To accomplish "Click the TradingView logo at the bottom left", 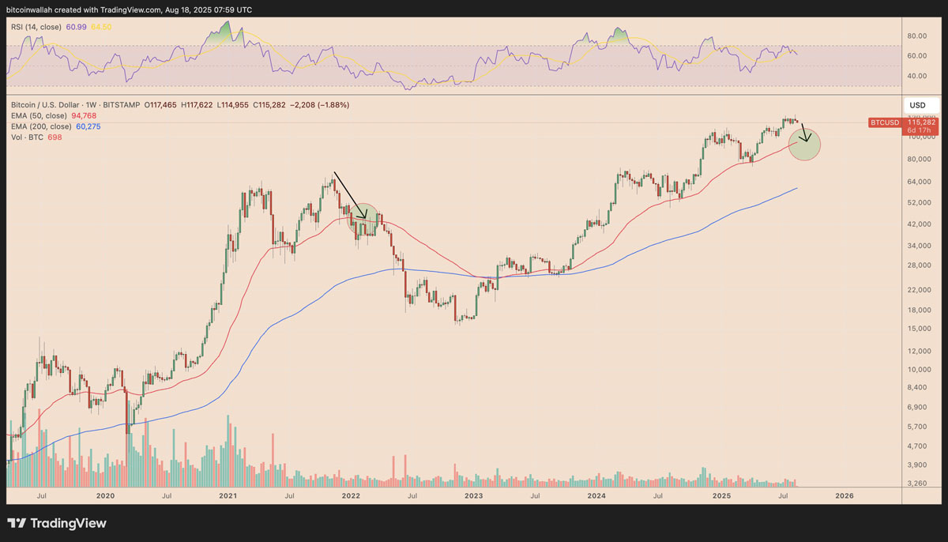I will (56, 523).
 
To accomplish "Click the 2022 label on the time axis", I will (351, 495).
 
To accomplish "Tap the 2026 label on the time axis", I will (844, 495).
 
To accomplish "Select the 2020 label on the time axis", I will (105, 495).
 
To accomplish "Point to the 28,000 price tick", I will (918, 265).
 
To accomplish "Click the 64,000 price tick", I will (918, 181).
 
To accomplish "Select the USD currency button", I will (917, 105).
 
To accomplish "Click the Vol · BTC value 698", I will (54, 137).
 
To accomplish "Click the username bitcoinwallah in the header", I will (32, 9).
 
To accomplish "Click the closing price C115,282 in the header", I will (271, 105).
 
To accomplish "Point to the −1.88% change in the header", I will (333, 105).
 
